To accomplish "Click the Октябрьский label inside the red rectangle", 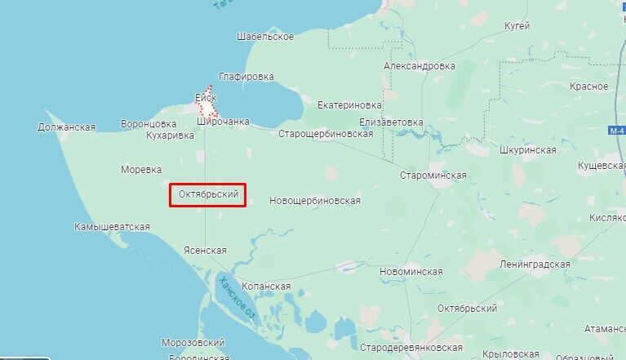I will point(208,195).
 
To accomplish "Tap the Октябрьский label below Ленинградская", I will point(468,309).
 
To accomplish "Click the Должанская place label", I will point(67,127).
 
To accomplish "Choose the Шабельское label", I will point(264,37).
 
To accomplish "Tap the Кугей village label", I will point(517,26).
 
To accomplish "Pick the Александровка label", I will point(420,66).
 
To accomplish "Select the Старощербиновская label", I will point(326,133).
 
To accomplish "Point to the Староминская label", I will point(433,176).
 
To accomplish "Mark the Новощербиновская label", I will point(314,200).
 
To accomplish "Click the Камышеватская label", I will point(112,226).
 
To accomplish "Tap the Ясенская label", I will point(205,251).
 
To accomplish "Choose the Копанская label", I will point(266,287).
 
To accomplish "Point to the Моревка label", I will point(141,170).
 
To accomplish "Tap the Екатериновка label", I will point(349,105).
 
